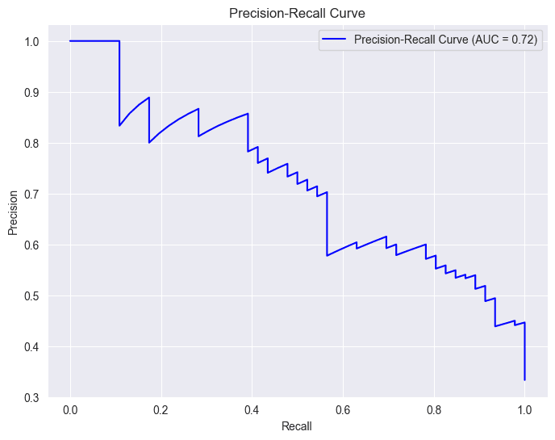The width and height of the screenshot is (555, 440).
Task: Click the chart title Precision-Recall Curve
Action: [297, 13]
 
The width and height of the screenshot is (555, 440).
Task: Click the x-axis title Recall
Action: [297, 425]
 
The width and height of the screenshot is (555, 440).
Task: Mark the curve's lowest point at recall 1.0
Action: [524, 379]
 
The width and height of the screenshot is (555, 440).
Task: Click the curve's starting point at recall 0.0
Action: [70, 41]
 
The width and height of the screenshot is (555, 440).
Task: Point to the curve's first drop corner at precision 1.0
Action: [119, 41]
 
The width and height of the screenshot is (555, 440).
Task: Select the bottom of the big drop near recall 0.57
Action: [327, 256]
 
